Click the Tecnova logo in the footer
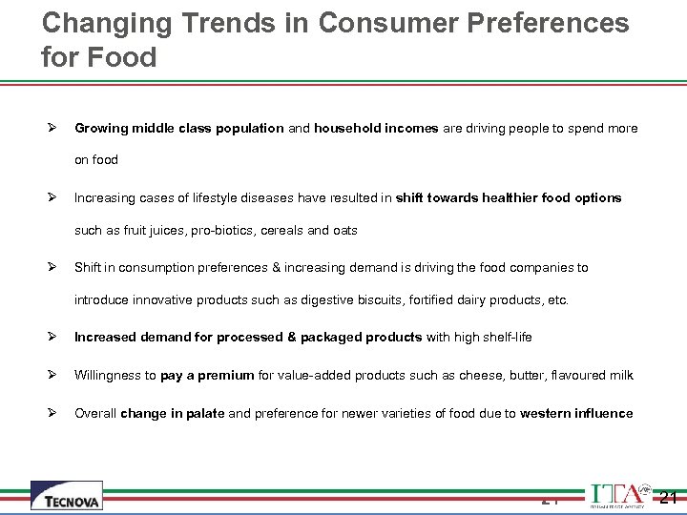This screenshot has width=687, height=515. (66, 495)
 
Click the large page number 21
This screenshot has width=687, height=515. (668, 497)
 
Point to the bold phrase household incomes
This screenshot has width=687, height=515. (376, 128)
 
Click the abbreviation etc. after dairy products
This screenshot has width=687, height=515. (558, 299)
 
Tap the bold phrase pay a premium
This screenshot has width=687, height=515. (207, 375)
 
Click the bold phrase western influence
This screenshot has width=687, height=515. (576, 413)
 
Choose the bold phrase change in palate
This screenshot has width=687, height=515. (173, 413)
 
